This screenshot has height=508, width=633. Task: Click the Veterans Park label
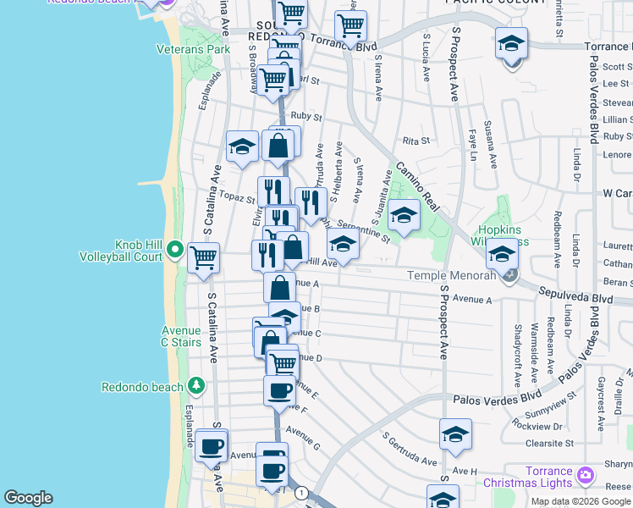pyautogui.click(x=193, y=49)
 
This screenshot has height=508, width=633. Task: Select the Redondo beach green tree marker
pyautogui.click(x=196, y=387)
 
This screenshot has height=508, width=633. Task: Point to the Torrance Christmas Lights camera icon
pyautogui.click(x=585, y=476)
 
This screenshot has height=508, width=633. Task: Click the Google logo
pyautogui.click(x=28, y=497)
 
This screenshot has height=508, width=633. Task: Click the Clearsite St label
pyautogui.click(x=548, y=443)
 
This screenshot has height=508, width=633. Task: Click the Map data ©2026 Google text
pyautogui.click(x=581, y=501)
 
